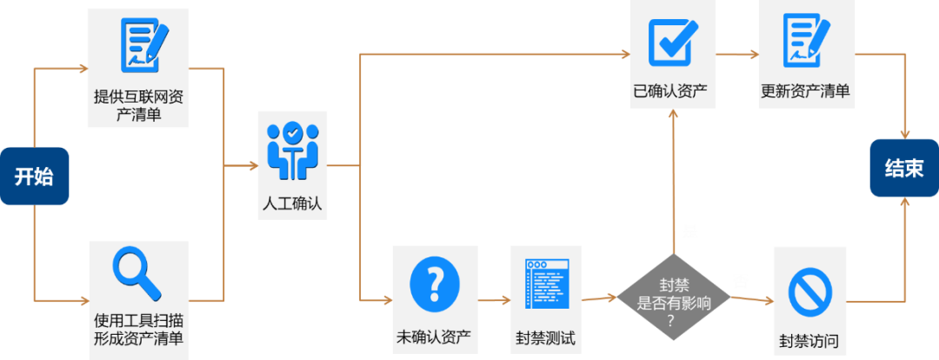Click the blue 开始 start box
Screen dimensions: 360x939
[34, 177]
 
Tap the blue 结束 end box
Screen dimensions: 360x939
[904, 168]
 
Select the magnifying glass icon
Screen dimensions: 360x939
[137, 272]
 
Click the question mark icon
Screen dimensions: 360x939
[434, 281]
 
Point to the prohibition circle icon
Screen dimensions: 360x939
[809, 291]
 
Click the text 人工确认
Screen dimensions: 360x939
[292, 204]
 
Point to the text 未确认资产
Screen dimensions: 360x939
[434, 337]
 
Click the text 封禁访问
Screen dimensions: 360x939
[809, 341]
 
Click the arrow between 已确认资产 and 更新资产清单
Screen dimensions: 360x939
[737, 54]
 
